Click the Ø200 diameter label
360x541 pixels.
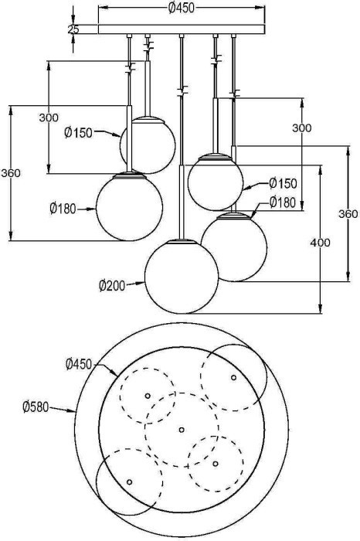[x=113, y=285]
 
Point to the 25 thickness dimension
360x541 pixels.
[x=73, y=29]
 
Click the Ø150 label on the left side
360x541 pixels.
[x=79, y=133]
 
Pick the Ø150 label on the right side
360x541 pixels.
[x=283, y=184]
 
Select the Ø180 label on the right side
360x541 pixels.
[x=283, y=202]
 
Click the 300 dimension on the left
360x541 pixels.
[x=49, y=117]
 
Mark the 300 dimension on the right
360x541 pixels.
[x=303, y=128]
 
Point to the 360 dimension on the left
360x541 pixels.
[x=10, y=173]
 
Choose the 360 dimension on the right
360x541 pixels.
[x=349, y=214]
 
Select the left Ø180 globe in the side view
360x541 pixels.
[x=129, y=206]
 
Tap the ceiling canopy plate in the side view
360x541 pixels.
[x=181, y=30]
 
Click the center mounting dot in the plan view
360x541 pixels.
[x=181, y=430]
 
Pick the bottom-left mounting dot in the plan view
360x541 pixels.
[x=129, y=481]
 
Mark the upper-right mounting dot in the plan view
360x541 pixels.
[x=233, y=377]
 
